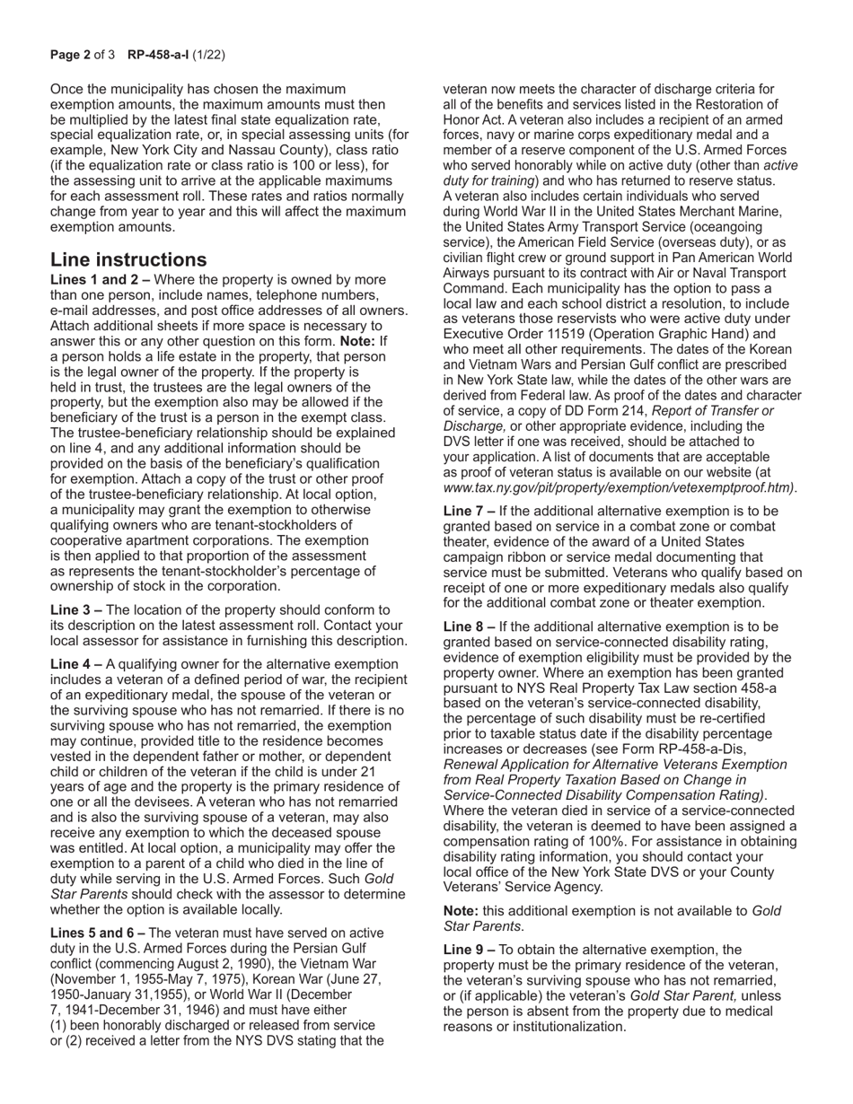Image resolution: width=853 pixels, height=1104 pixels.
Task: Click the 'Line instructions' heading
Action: tap(128, 260)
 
